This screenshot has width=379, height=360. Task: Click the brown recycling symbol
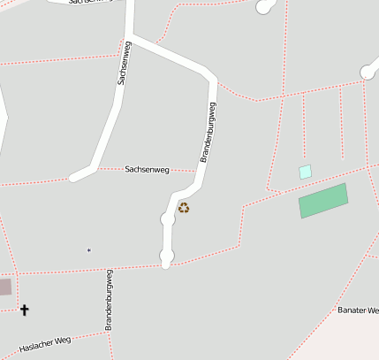184,208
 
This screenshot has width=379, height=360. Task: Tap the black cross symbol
24,310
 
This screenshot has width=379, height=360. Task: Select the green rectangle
323,201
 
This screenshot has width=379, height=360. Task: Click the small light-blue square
306,172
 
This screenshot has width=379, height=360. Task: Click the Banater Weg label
359,310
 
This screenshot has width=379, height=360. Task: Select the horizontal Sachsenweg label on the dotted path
147,169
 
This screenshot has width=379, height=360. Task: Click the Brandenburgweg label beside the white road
208,132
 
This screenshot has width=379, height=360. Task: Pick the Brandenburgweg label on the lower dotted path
110,301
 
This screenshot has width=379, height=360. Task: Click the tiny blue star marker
89,250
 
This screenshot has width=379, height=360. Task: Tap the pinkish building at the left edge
5,287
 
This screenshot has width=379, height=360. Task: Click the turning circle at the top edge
264,8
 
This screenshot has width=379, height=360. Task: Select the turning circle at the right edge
369,73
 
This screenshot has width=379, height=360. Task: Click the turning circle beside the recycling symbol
167,218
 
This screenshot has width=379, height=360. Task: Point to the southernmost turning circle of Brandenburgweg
166,257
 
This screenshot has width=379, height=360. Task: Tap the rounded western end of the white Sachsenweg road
76,176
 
